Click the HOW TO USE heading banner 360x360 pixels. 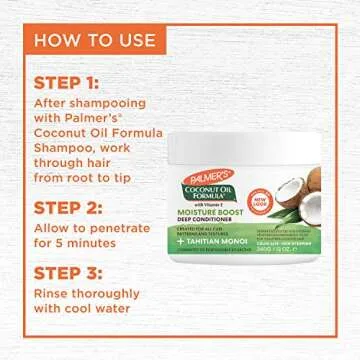pos(96,41)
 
